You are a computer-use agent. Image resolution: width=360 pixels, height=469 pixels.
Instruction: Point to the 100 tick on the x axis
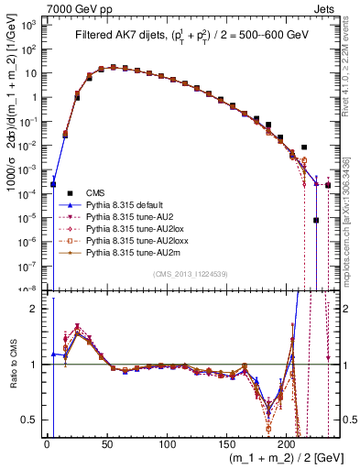167,442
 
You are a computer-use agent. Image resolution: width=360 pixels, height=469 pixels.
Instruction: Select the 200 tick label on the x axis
287,442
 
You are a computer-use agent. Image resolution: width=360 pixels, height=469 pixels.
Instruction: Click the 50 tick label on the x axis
107,442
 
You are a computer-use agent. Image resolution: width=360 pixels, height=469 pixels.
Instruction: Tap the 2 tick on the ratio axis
38,309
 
